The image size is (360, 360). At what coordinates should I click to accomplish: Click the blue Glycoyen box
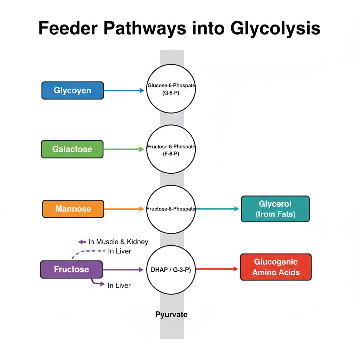pyautogui.click(x=72, y=91)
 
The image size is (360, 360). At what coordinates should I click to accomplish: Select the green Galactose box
pyautogui.click(x=72, y=149)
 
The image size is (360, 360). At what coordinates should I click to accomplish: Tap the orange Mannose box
pyautogui.click(x=73, y=209)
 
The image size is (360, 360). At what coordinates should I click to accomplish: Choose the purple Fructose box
pyautogui.click(x=71, y=270)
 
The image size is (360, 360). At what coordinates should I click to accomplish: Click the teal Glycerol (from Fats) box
pyautogui.click(x=275, y=209)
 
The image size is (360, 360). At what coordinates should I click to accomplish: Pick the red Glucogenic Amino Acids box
pyautogui.click(x=276, y=267)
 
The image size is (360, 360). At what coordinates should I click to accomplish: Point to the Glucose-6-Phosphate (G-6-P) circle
pyautogui.click(x=171, y=89)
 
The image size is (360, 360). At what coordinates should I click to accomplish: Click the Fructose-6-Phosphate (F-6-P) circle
pyautogui.click(x=171, y=149)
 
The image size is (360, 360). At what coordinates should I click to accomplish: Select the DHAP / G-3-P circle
pyautogui.click(x=171, y=270)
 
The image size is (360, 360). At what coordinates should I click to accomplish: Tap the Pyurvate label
pyautogui.click(x=171, y=314)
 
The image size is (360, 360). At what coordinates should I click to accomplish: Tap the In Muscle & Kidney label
pyautogui.click(x=118, y=242)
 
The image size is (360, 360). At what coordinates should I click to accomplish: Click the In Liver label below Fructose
pyautogui.click(x=119, y=285)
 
